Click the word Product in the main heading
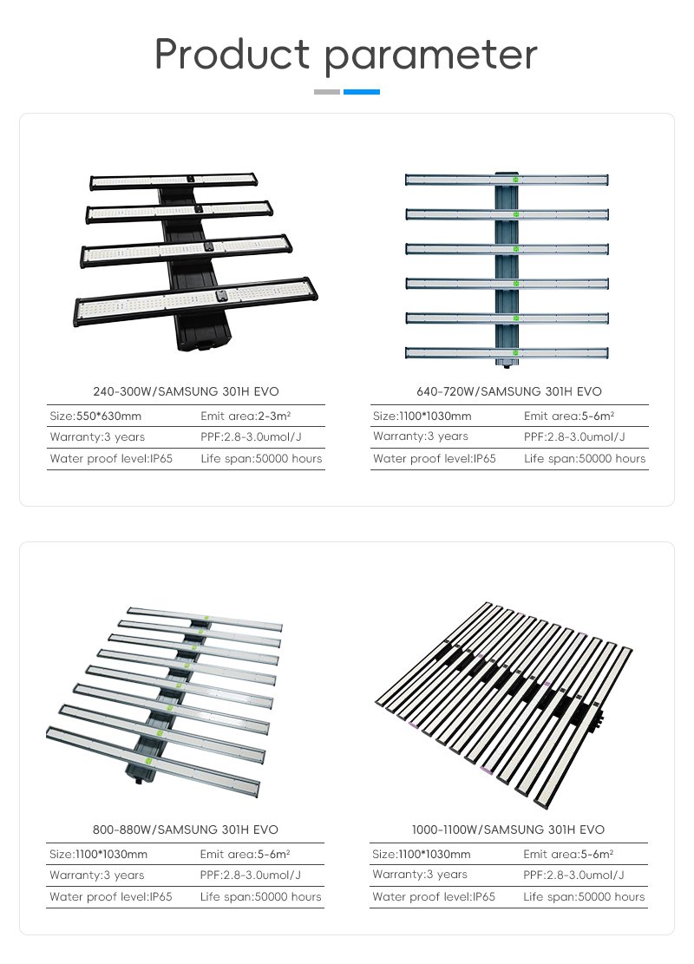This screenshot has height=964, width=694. click(232, 54)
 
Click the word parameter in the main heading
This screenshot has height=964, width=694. click(431, 57)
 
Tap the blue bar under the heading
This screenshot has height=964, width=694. click(362, 92)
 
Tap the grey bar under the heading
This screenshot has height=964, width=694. click(327, 92)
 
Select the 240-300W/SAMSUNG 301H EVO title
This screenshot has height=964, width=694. click(186, 391)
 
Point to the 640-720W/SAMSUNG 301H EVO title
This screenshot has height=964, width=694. click(509, 391)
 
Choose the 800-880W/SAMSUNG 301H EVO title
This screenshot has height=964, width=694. click(186, 830)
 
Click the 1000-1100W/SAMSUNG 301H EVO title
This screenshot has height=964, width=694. click(508, 830)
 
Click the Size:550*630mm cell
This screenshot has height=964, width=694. click(95, 416)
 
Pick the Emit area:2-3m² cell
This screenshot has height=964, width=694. click(246, 416)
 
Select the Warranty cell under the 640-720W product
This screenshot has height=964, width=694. click(421, 436)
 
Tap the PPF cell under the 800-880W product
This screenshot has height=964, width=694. click(250, 875)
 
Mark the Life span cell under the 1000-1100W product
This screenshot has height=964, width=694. click(584, 897)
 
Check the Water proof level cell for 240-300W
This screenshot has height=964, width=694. click(111, 459)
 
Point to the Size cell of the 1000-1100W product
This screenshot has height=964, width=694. click(421, 855)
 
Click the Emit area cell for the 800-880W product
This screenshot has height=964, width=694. click(245, 855)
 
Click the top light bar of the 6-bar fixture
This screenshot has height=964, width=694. click(507, 180)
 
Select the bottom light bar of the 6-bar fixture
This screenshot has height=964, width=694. click(507, 353)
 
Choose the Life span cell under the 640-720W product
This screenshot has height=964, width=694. click(585, 459)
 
